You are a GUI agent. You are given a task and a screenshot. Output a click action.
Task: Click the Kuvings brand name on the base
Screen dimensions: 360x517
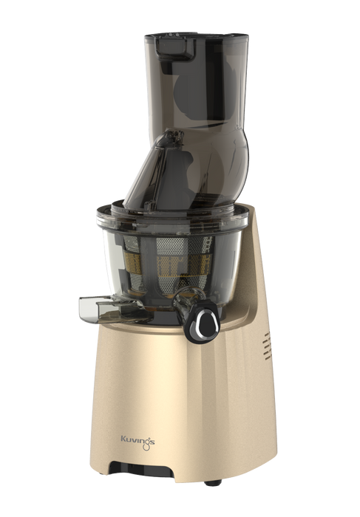pos(137,440)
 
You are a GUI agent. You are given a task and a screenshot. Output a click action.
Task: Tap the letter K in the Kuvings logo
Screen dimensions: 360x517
pos(123,439)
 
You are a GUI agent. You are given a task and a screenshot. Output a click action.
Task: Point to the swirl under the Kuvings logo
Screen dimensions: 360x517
pos(146,446)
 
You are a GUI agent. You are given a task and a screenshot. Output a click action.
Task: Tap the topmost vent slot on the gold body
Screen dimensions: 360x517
pos(267,335)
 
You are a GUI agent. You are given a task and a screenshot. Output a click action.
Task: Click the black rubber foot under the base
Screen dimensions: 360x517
pos(213,483)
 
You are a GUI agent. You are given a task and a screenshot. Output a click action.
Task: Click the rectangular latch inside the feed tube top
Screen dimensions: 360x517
pos(175,49)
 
